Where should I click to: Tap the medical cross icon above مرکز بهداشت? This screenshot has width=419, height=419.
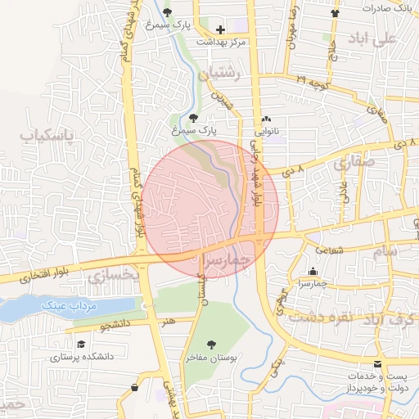pyautogui.click(x=219, y=29)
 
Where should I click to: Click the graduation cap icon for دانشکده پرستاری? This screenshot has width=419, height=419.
pyautogui.click(x=81, y=345)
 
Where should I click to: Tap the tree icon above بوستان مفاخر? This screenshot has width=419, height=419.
pyautogui.click(x=213, y=345)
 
